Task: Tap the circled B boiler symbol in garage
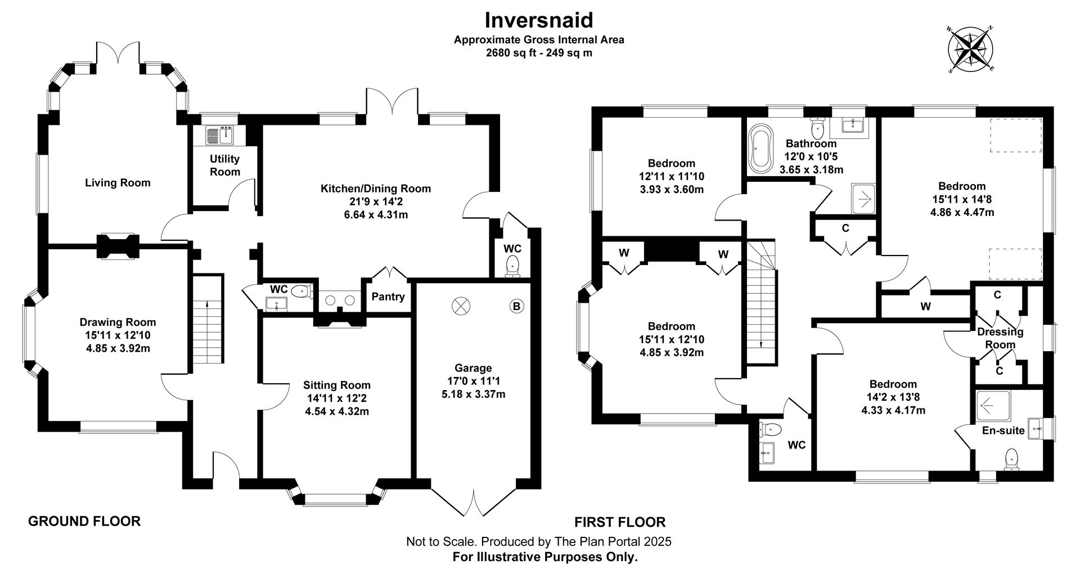(x=516, y=306)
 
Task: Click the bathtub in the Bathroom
(x=760, y=148)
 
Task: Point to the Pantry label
(x=388, y=297)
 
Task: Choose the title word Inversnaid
(x=539, y=20)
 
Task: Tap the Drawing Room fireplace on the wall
(x=117, y=246)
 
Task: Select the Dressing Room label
(x=1000, y=338)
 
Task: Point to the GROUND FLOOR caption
(x=84, y=521)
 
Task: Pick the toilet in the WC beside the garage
(x=512, y=266)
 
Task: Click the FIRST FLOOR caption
(x=619, y=522)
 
